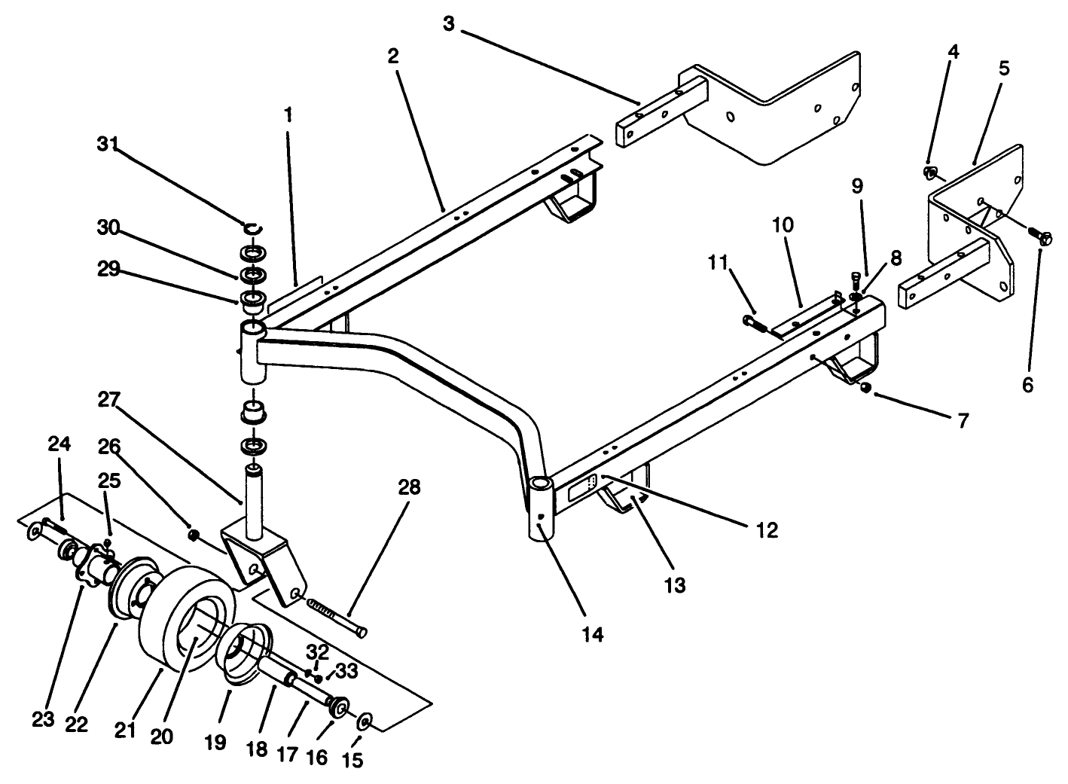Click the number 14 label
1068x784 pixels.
coord(593,634)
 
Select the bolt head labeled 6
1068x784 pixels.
coord(1044,238)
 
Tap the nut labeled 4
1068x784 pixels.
coord(929,173)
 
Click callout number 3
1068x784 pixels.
coord(449,24)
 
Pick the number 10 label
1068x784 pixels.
coord(783,224)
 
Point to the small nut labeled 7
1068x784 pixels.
coord(866,387)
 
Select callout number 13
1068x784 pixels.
coord(676,584)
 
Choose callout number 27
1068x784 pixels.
coord(111,400)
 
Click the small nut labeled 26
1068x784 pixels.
coord(193,535)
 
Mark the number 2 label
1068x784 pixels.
coord(393,56)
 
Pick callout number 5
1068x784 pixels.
coord(1004,69)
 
